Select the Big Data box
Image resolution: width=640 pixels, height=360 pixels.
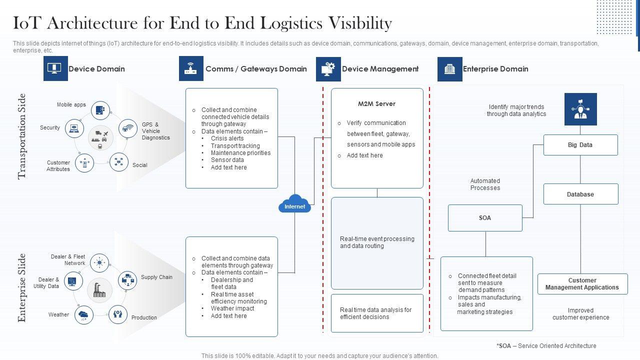(580, 145)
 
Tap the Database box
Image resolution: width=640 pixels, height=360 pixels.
(580, 194)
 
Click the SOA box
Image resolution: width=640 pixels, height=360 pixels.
(485, 218)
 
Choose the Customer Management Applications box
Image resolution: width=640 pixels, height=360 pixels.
(582, 284)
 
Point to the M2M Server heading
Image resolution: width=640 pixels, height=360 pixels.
(376, 104)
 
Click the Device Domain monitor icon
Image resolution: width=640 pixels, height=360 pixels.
(55, 69)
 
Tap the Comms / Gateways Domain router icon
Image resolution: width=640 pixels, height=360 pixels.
(191, 69)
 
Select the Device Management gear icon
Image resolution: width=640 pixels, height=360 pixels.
(328, 69)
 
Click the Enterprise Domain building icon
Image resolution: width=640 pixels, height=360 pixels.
(450, 69)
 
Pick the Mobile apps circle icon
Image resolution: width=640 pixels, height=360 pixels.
(100, 109)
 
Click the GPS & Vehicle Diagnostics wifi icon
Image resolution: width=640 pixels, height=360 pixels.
(128, 128)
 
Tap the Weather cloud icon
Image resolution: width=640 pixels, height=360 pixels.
(83, 315)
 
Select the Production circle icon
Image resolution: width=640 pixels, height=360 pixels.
(117, 314)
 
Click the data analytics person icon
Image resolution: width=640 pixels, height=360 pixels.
(580, 109)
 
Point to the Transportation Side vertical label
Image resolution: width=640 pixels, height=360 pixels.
(22, 136)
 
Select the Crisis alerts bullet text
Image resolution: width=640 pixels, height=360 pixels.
(227, 138)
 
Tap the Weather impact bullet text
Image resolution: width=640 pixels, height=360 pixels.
(232, 308)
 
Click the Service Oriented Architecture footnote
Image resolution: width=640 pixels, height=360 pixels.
(546, 345)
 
